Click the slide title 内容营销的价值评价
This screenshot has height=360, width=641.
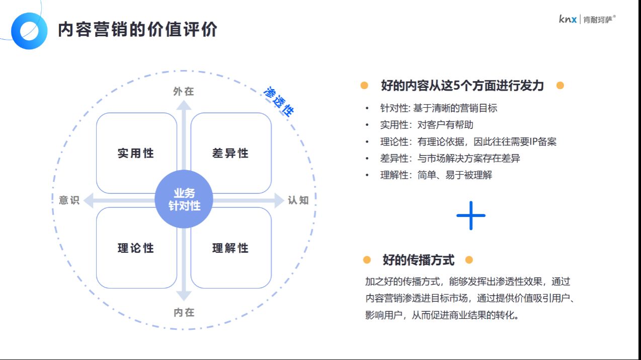[137, 30]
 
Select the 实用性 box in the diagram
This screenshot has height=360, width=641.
[136, 153]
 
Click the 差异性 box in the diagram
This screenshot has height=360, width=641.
[231, 153]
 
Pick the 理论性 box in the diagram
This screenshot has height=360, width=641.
[136, 248]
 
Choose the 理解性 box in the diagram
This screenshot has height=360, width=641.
[231, 248]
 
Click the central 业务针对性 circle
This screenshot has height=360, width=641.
[184, 199]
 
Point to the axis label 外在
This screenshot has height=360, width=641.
[184, 92]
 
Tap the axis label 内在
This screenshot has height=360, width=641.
[184, 313]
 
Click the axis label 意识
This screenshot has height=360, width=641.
[69, 200]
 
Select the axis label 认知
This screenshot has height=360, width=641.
[298, 200]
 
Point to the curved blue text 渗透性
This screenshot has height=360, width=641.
[279, 101]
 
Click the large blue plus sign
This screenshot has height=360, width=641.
[471, 215]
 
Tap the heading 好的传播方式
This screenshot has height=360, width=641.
[418, 260]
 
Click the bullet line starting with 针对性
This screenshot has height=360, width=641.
[439, 108]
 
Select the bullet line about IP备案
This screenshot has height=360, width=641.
[468, 141]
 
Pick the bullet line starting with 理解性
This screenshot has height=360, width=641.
[436, 175]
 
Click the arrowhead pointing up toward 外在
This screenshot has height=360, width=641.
[184, 105]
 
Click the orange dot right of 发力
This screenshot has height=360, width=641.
[560, 86]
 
